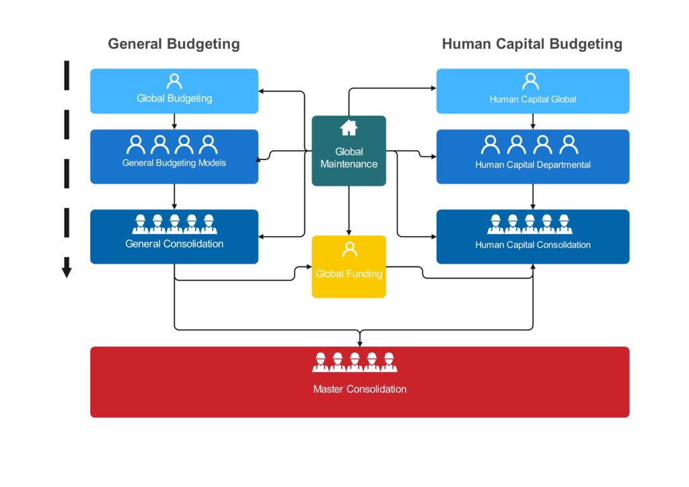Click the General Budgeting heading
click(174, 44)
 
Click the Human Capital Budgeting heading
click(532, 44)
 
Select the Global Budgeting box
click(174, 91)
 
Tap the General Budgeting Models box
click(174, 157)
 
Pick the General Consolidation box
click(174, 237)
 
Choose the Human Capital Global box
click(533, 91)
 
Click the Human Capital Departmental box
click(533, 157)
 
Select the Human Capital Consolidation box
click(533, 237)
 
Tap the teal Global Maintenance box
click(349, 151)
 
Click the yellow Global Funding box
click(349, 266)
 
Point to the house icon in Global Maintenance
click(349, 127)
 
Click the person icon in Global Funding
click(349, 250)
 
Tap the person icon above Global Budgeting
click(174, 81)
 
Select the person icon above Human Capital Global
click(531, 81)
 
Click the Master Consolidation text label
click(360, 389)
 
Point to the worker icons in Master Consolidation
click(355, 362)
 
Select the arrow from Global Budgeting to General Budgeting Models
click(174, 121)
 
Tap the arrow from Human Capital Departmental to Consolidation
click(533, 196)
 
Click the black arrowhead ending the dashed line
click(67, 270)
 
